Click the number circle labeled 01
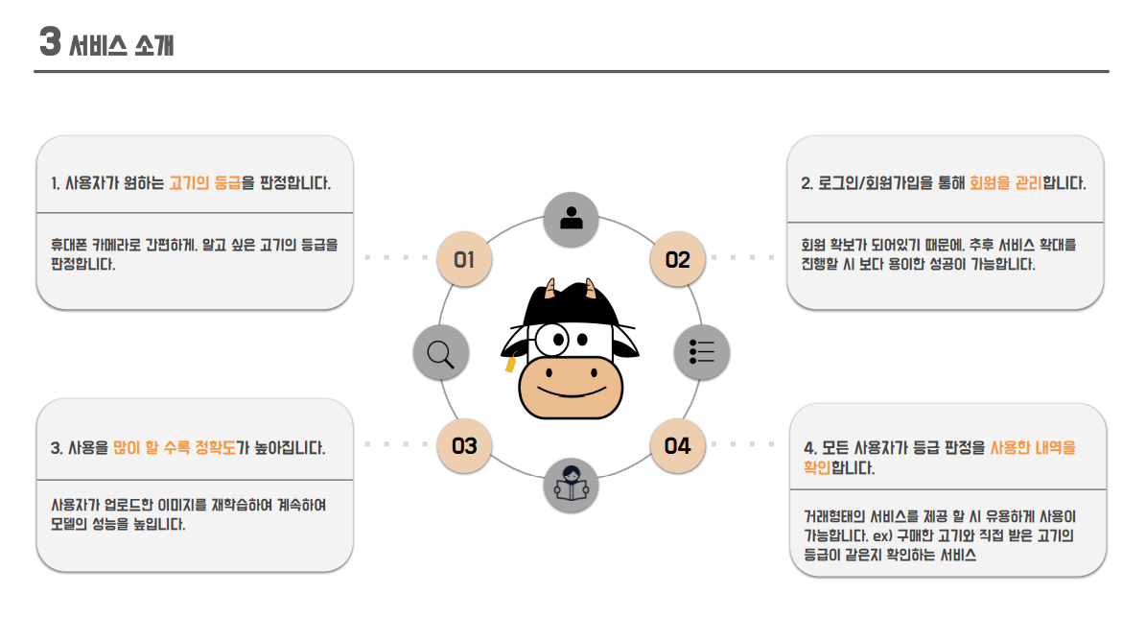point(464,259)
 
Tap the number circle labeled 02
point(678,259)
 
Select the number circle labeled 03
point(464,446)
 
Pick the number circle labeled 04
point(678,446)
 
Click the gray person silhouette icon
point(572,218)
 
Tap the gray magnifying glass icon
point(441,353)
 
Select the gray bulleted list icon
point(702,352)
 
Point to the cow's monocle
point(553,339)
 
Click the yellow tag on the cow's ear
point(510,365)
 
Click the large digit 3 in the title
point(50,43)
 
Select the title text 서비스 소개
point(122,45)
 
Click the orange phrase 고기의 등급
point(204,182)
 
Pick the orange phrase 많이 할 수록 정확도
point(174,447)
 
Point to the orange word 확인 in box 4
point(817,468)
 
